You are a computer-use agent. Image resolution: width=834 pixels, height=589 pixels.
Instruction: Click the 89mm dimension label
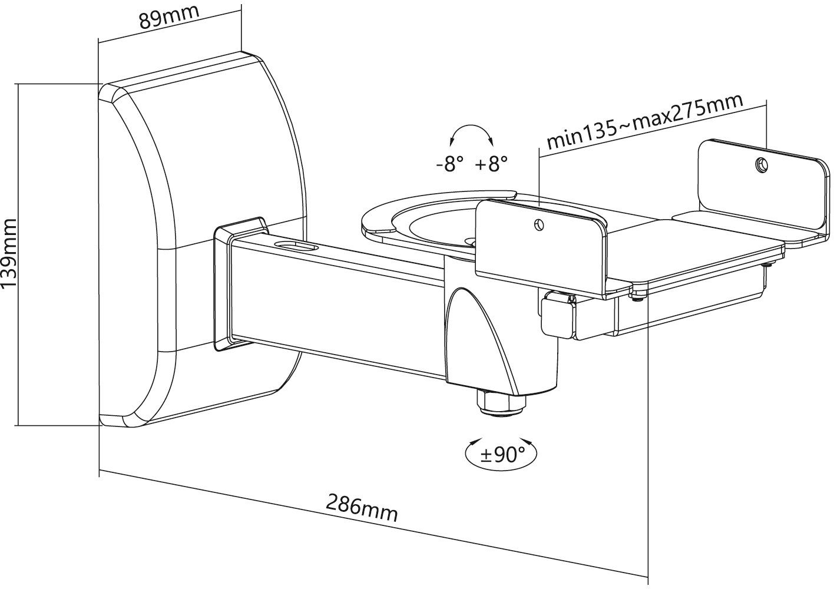point(170,16)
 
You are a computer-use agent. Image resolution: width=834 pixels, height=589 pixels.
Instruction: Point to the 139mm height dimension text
point(9,253)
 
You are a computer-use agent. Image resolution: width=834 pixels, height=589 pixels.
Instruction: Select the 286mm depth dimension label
point(362,508)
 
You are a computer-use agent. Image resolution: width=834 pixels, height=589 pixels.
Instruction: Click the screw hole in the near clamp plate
point(539,225)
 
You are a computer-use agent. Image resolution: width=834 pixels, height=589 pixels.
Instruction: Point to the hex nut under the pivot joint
point(500,403)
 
